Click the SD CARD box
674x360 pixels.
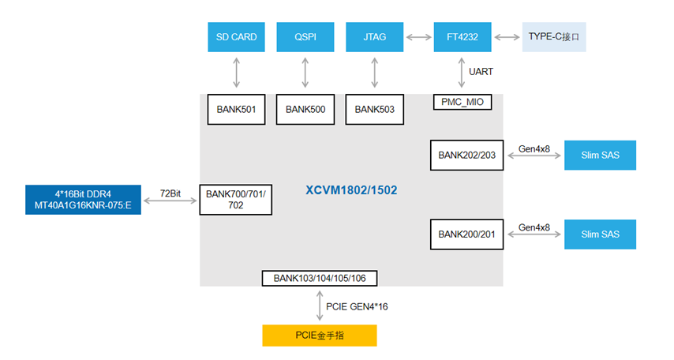(237, 37)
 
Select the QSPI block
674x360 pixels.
(305, 37)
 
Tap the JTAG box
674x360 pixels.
(374, 37)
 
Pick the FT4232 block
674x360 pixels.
(462, 37)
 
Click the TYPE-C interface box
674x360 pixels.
(554, 37)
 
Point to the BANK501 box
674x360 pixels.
(237, 110)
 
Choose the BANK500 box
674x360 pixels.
(305, 110)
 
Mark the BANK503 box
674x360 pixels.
(374, 110)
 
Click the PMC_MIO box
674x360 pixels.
(462, 102)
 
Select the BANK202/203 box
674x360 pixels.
(466, 155)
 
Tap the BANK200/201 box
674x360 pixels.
(466, 234)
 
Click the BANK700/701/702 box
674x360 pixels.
(236, 199)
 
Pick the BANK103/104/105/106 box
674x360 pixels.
(320, 278)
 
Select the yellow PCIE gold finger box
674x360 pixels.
(320, 336)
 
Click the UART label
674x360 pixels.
(481, 72)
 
